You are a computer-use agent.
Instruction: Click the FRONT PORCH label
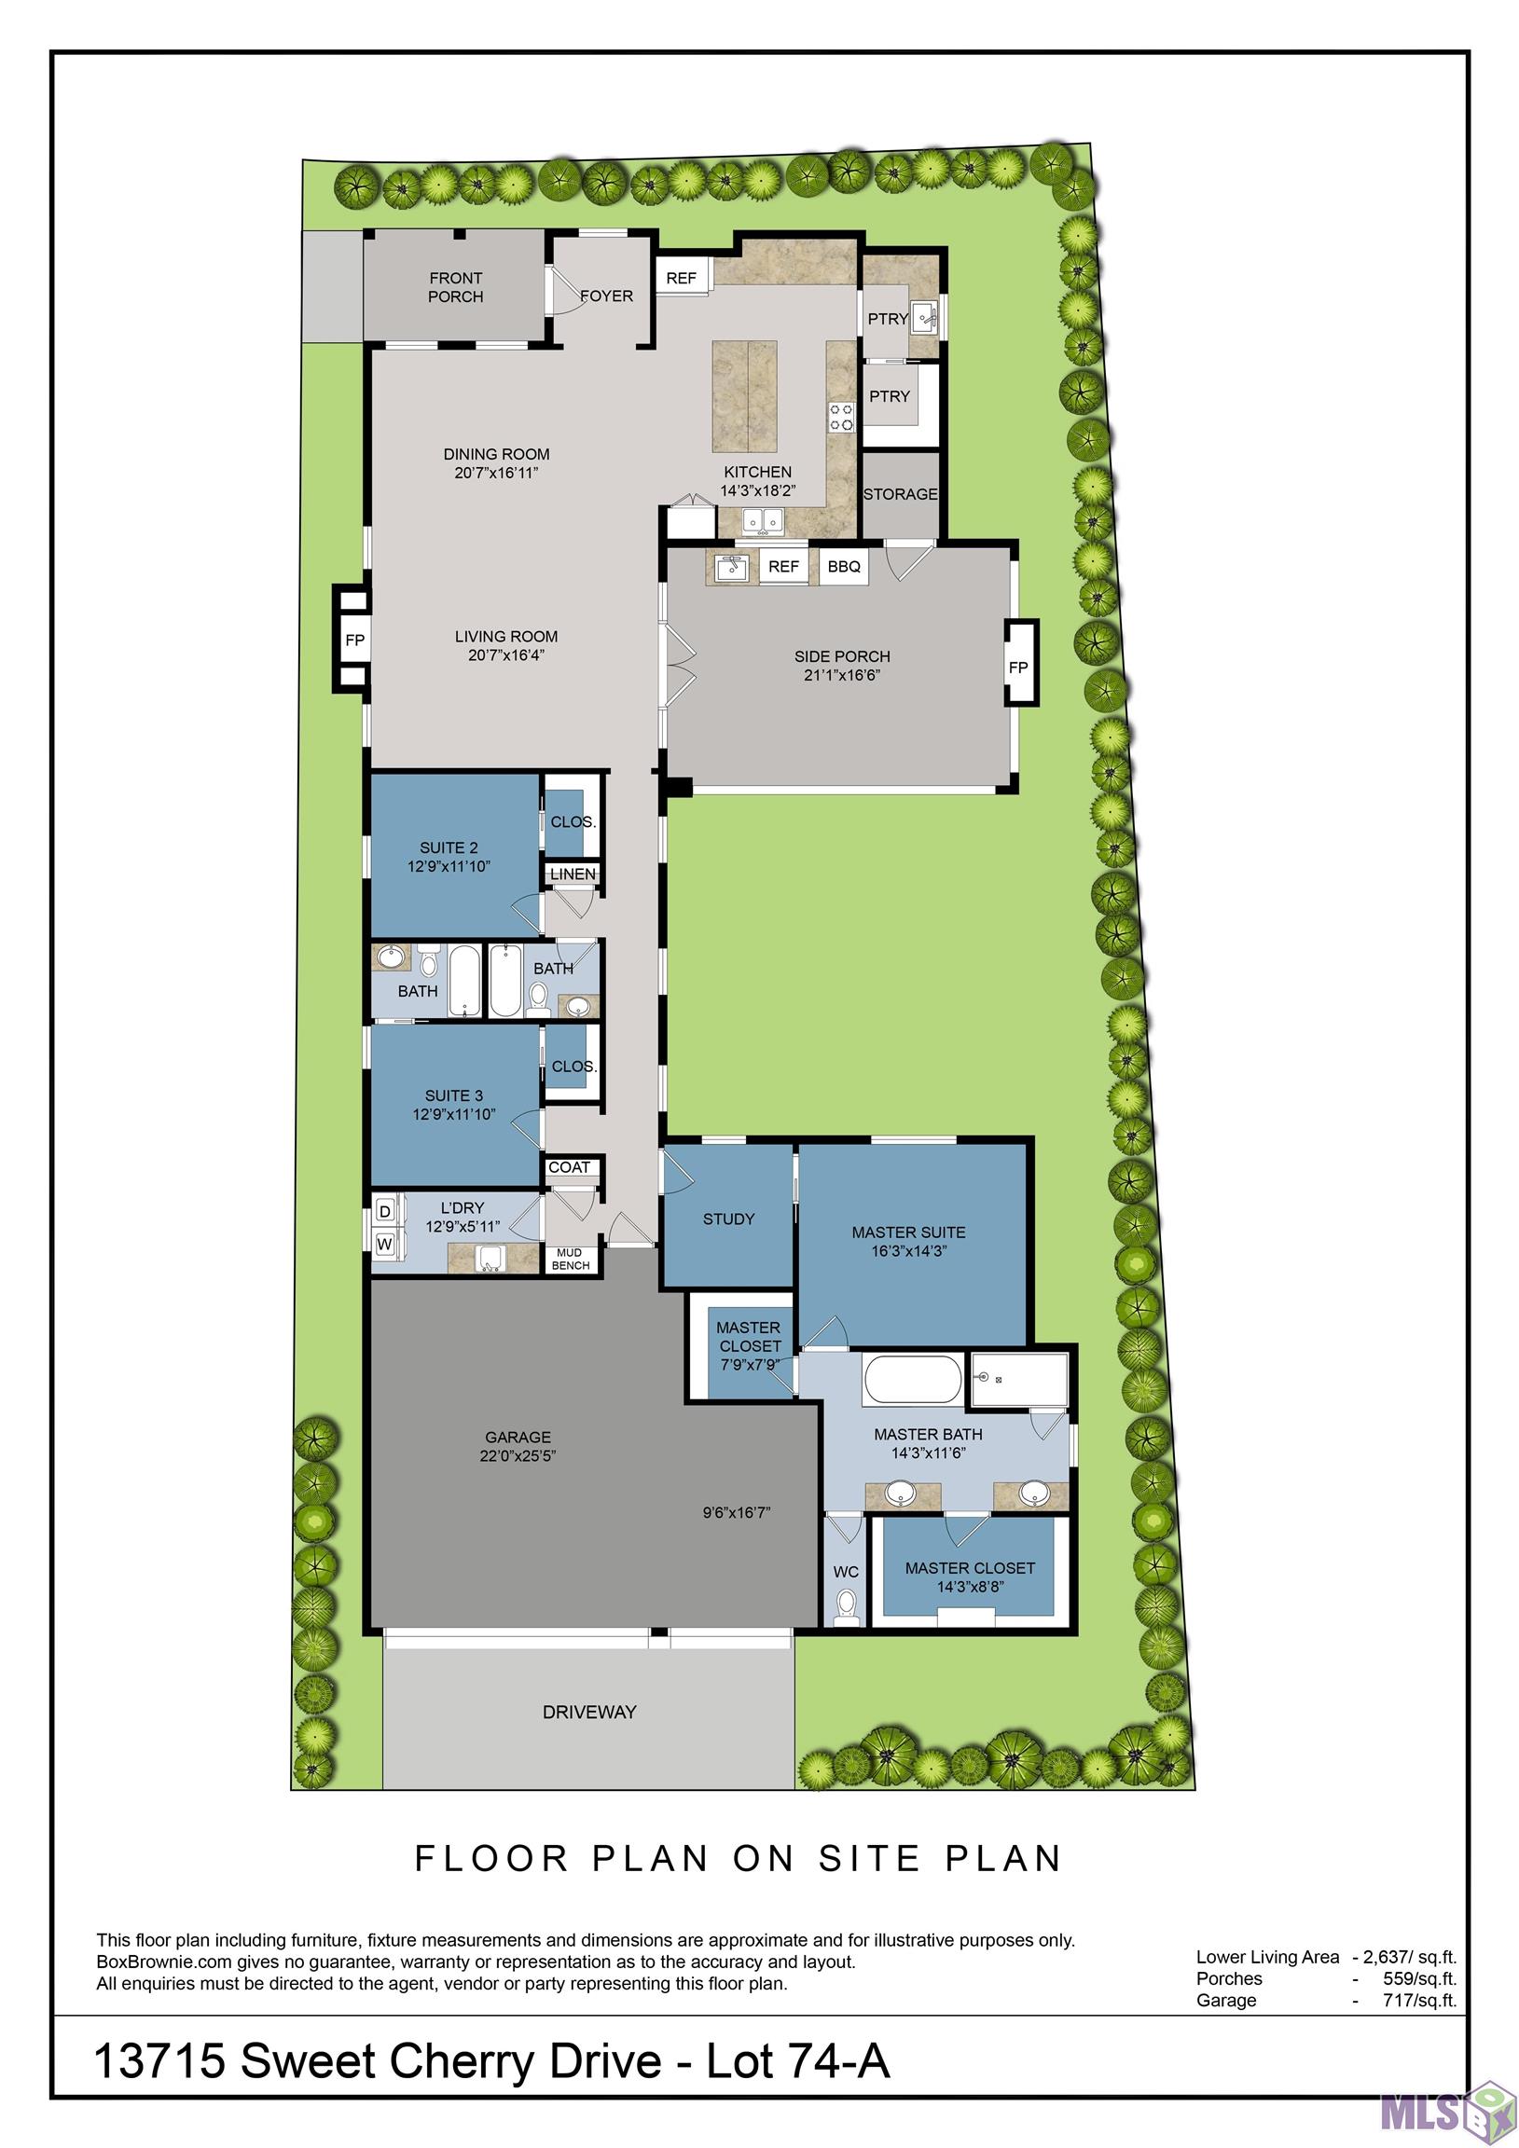point(455,287)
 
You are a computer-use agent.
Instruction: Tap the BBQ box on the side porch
point(843,567)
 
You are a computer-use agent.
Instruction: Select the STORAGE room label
point(900,494)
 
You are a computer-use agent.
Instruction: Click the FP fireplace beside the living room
point(353,640)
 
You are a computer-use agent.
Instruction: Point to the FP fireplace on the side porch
point(1018,667)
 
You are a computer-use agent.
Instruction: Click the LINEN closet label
point(573,874)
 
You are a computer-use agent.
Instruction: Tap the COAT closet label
point(569,1167)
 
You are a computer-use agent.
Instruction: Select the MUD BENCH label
point(570,1260)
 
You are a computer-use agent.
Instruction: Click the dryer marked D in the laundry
point(385,1212)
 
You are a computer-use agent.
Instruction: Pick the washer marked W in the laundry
point(385,1245)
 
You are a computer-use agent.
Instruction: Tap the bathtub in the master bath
point(912,1380)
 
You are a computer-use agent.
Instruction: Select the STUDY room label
point(728,1219)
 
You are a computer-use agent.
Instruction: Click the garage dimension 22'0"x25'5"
point(518,1455)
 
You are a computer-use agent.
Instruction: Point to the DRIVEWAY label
point(588,1712)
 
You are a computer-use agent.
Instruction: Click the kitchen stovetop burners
point(840,418)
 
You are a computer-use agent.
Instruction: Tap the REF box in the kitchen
point(681,278)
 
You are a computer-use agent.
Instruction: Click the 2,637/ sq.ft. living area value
point(1410,1957)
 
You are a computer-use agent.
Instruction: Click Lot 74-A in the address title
point(797,2062)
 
